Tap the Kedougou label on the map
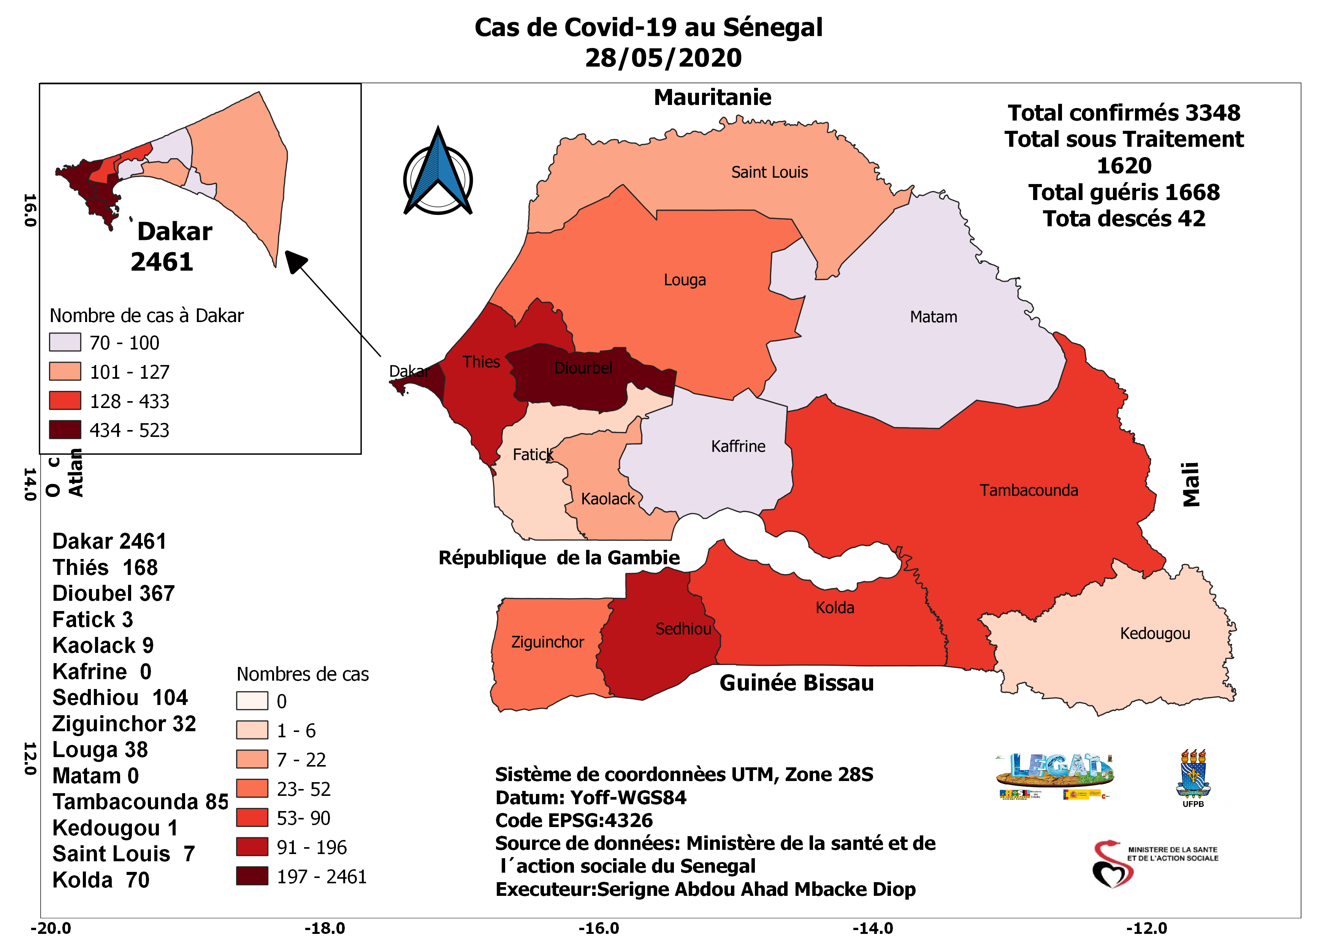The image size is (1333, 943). [1155, 633]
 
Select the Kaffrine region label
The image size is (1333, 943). [738, 446]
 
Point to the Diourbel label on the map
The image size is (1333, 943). [583, 368]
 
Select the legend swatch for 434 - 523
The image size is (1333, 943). [65, 430]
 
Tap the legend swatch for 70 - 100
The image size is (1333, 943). [65, 342]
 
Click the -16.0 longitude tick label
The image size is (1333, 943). [599, 928]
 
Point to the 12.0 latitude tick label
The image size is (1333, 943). [30, 758]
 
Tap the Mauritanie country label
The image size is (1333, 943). [712, 97]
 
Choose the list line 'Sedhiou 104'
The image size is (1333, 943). [120, 697]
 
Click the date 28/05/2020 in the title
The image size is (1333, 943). [663, 57]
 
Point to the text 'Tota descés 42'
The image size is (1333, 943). [1124, 218]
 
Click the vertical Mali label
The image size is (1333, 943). [1191, 484]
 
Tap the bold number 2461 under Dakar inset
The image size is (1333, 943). [162, 262]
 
